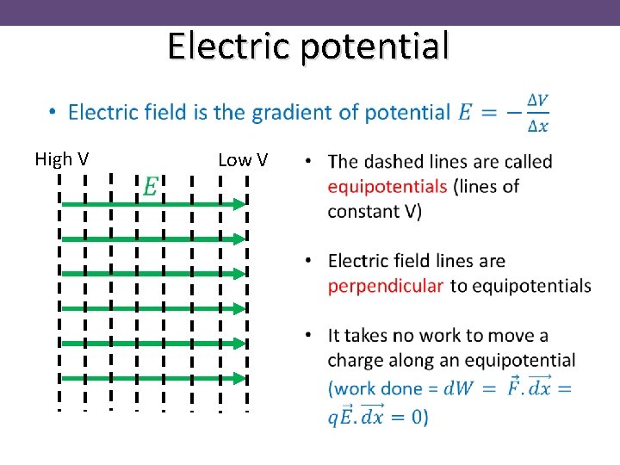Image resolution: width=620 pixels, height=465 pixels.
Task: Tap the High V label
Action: [x=61, y=159]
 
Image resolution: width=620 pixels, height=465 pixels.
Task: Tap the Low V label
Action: [x=243, y=159]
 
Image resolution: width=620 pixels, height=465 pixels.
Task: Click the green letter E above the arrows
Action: [x=150, y=185]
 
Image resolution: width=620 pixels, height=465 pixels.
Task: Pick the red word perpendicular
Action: [x=386, y=285]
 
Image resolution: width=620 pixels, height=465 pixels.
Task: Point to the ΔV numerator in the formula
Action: [x=537, y=100]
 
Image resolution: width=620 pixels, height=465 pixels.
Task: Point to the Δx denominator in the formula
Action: [x=537, y=126]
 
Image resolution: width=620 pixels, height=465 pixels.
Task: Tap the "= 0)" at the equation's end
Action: [x=408, y=417]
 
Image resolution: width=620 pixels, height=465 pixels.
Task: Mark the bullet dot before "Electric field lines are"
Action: [x=308, y=260]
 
